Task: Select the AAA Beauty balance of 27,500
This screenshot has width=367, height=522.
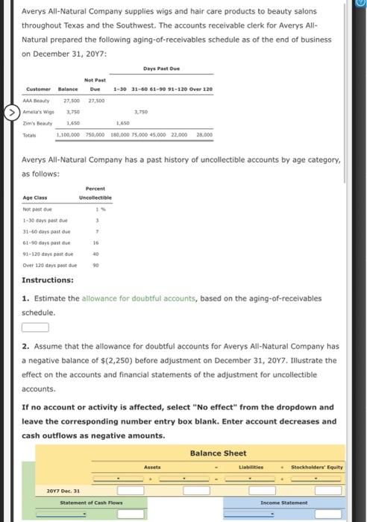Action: (x=72, y=101)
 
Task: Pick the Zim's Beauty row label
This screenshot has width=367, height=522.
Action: (x=38, y=123)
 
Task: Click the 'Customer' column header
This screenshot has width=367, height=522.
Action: (x=36, y=89)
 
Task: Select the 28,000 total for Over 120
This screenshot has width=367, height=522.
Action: (x=204, y=134)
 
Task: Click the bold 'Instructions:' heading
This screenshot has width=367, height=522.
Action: (x=48, y=280)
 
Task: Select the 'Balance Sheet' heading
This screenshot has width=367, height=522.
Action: (x=218, y=453)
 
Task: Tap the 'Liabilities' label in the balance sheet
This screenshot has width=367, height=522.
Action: (x=251, y=467)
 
